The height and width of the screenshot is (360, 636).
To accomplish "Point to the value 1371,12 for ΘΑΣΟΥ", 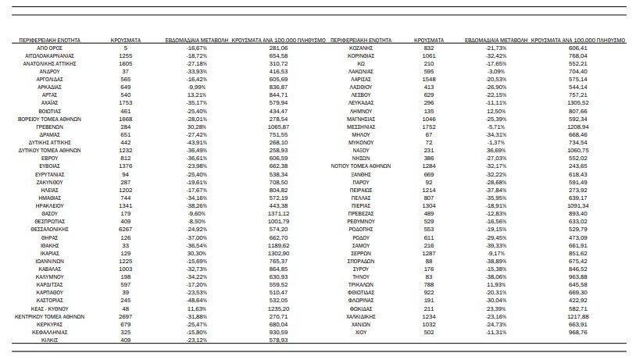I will click(x=278, y=213).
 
